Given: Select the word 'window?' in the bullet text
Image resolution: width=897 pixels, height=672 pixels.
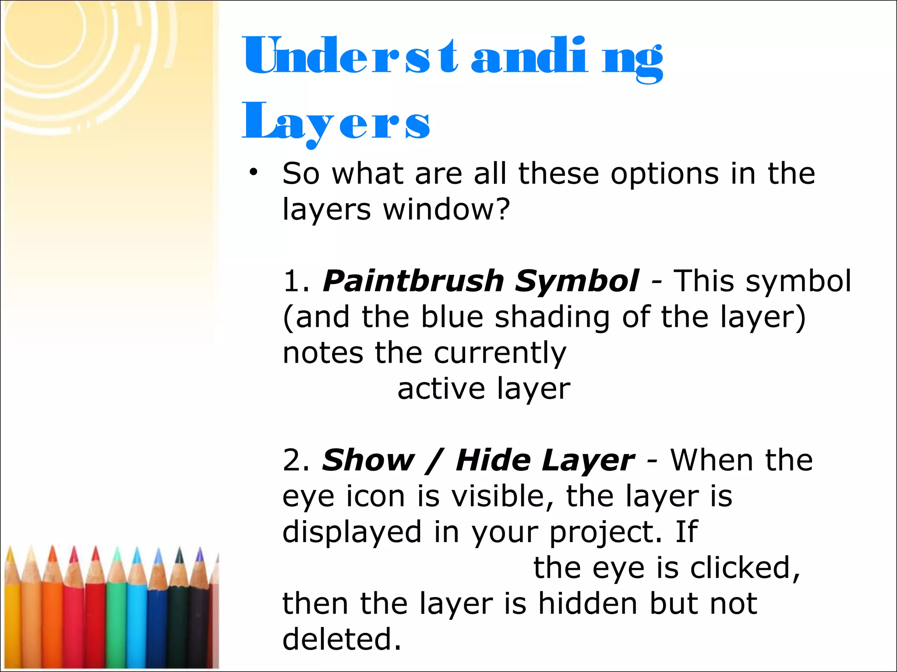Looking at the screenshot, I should pyautogui.click(x=447, y=209).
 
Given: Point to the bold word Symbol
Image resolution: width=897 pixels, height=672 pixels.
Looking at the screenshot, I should pyautogui.click(x=576, y=281).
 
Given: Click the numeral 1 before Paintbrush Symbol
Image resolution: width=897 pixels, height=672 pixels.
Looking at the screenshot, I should pyautogui.click(x=291, y=281).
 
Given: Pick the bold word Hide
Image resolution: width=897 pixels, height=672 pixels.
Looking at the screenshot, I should pyautogui.click(x=493, y=460).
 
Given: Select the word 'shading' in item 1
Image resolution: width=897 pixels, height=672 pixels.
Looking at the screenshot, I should pyautogui.click(x=552, y=317).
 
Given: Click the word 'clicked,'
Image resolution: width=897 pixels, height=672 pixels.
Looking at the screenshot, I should pyautogui.click(x=745, y=568).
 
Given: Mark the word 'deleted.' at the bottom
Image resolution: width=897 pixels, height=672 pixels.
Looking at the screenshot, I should pyautogui.click(x=342, y=639).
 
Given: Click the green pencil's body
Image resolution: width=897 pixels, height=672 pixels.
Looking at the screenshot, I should pyautogui.click(x=116, y=626).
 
